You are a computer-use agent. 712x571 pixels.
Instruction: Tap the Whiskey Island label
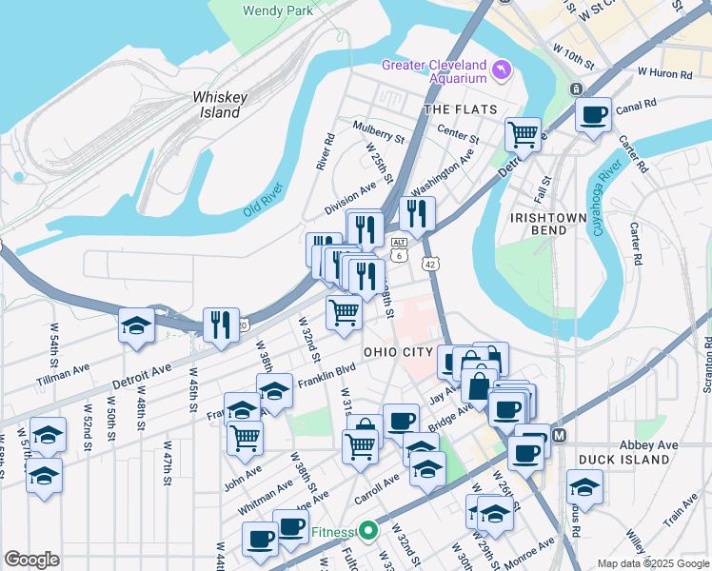[220, 105]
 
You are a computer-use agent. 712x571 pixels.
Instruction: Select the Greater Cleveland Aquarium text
[433, 71]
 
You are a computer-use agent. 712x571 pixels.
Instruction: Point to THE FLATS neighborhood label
[461, 109]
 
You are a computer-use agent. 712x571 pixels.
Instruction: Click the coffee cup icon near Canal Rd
[593, 116]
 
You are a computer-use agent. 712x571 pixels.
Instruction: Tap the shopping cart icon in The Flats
[523, 135]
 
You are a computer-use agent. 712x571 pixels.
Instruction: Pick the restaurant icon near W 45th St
[220, 325]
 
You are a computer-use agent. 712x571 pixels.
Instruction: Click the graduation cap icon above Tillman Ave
[136, 325]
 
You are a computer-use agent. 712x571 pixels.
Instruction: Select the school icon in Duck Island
[583, 487]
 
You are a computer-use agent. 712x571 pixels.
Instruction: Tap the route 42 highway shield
[430, 264]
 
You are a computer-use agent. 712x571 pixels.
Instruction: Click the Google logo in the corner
[31, 560]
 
